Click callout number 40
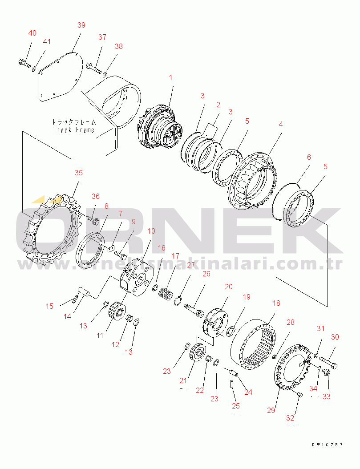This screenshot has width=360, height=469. [x=32, y=33]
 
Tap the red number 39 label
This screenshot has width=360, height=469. [x=81, y=25]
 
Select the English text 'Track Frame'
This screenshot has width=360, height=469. [x=74, y=129]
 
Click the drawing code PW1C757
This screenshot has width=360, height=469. [x=327, y=445]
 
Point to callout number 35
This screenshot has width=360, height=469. [x=78, y=173]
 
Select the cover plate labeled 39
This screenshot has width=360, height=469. [x=58, y=77]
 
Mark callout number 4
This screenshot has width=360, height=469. [x=280, y=125]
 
